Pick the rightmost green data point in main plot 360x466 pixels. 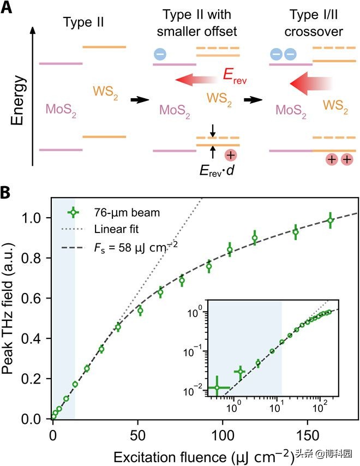[330, 220]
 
